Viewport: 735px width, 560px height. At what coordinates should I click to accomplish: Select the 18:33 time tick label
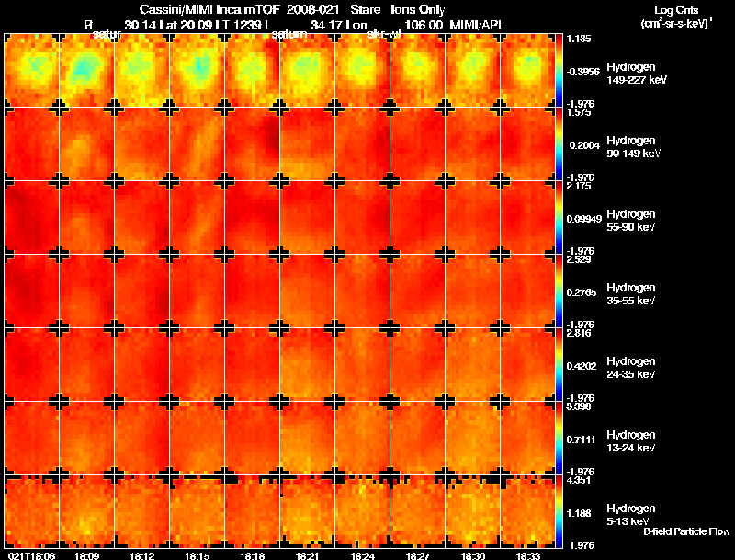(527, 555)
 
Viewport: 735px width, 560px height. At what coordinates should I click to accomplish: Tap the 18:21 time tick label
(307, 555)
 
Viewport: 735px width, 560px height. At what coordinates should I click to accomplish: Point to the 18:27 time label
(417, 555)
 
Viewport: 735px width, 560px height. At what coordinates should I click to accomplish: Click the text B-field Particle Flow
(685, 531)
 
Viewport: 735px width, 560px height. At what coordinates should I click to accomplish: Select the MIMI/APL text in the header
(478, 25)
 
